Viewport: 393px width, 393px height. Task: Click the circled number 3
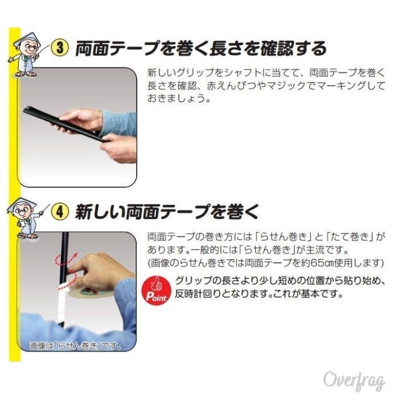point(60,48)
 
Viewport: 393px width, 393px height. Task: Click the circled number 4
point(60,211)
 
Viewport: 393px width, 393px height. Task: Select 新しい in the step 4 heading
point(99,211)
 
